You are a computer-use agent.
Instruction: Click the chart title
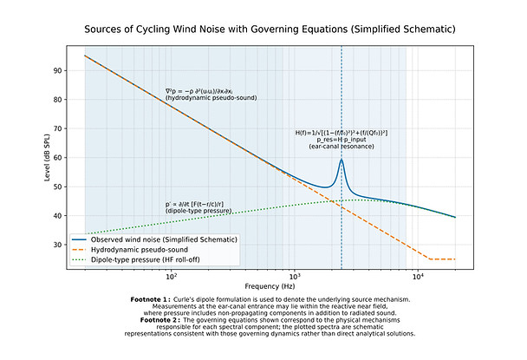pyautogui.click(x=270, y=29)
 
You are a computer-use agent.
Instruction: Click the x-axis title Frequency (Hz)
pyautogui.click(x=270, y=285)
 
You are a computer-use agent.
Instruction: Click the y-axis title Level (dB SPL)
pyautogui.click(x=46, y=156)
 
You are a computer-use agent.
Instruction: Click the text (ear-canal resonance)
pyautogui.click(x=342, y=147)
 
